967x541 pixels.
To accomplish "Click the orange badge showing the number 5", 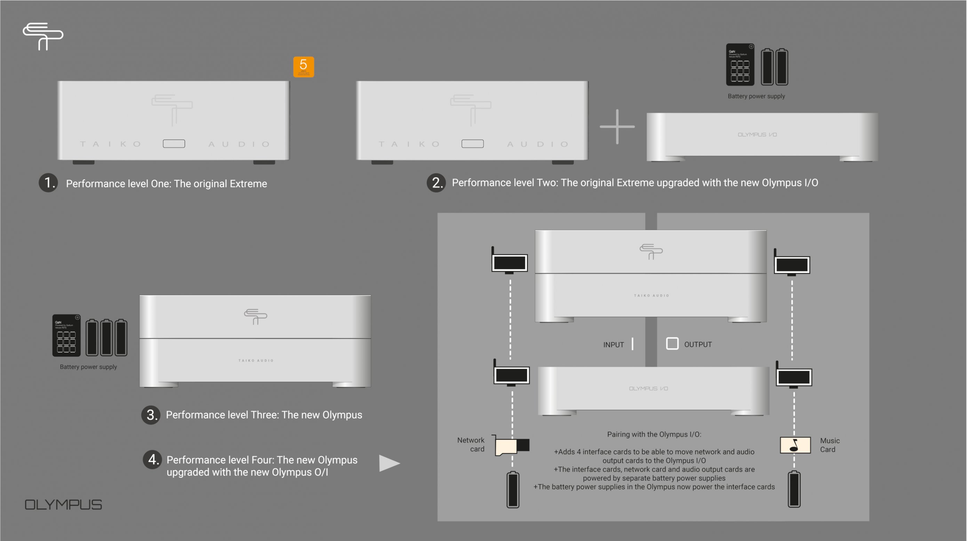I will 303,67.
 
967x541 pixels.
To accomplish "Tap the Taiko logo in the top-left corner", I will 43,36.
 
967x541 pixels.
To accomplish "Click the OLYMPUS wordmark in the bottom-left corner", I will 63,504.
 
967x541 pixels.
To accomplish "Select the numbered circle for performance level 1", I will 48,183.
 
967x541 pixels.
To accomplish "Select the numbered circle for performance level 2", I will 436,183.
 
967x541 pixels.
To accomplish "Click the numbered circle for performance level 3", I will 151,415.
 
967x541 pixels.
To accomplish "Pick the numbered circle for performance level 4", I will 152,460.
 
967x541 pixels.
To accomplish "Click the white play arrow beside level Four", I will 389,463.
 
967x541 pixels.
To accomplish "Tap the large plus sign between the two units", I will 617,127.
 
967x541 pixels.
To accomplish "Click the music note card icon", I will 795,445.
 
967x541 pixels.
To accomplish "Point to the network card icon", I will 512,446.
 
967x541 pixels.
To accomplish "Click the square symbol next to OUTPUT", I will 672,344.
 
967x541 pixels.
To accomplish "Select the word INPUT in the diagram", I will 613,345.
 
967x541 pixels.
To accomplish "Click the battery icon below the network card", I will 513,490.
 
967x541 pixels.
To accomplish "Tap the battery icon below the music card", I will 794,489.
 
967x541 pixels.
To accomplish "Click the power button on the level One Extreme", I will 174,144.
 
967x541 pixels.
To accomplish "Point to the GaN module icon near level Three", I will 66,336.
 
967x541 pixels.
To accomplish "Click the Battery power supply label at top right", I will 756,96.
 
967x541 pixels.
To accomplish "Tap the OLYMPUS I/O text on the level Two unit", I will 757,135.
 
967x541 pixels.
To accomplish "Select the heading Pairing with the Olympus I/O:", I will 654,435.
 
